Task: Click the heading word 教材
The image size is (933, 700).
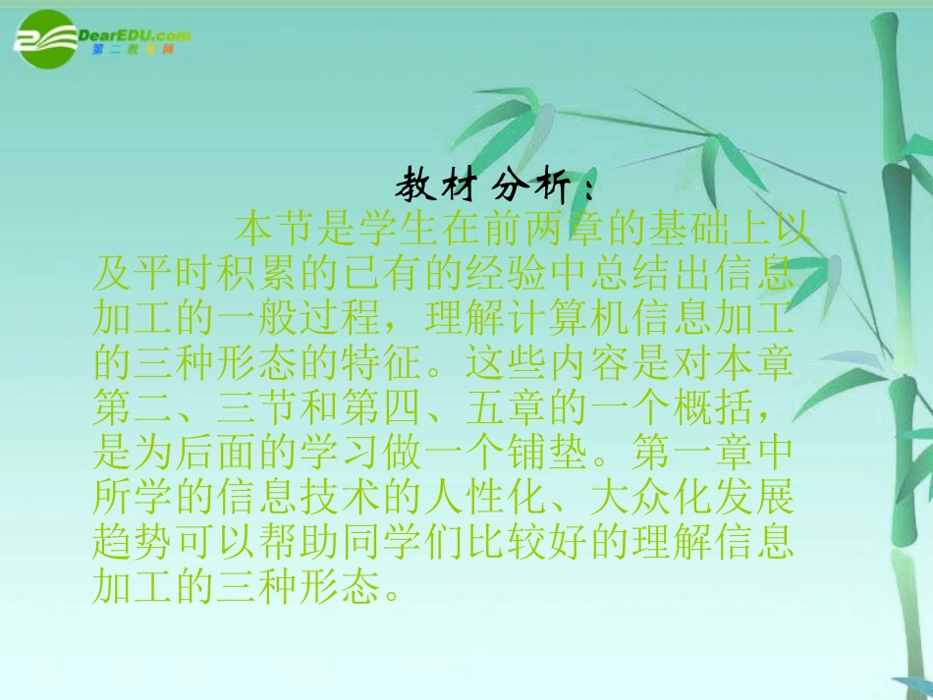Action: [x=434, y=185]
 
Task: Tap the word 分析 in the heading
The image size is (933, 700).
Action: [x=530, y=185]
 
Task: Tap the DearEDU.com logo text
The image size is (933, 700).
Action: [x=142, y=35]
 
